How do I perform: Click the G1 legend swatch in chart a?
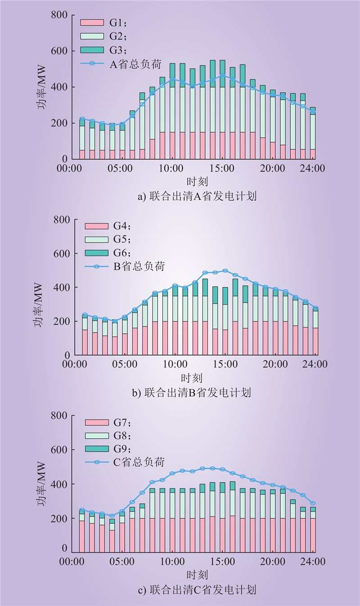[x=92, y=22]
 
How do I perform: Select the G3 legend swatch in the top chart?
[x=92, y=49]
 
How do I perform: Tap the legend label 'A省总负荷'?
[x=135, y=63]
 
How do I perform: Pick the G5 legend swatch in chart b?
[x=97, y=240]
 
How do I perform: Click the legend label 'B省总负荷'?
[x=139, y=267]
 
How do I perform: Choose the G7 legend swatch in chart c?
[x=97, y=422]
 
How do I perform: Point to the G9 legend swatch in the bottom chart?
[x=97, y=449]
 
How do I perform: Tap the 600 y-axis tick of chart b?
[x=60, y=254]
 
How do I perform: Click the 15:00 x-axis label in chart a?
[x=222, y=169]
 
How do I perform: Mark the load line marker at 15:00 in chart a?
[x=222, y=76]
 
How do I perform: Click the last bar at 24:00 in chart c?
[x=313, y=530]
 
